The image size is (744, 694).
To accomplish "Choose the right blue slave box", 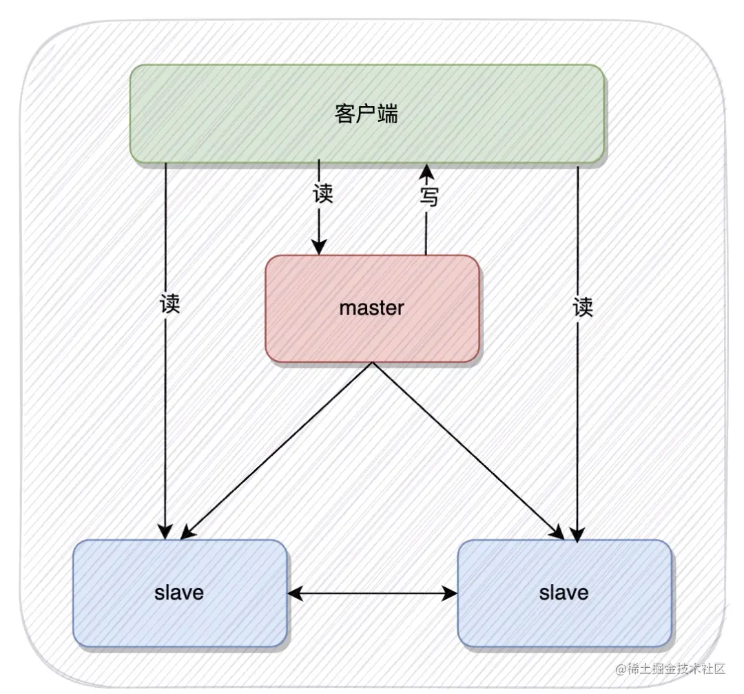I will (620, 620).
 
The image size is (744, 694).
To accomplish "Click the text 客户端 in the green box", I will (366, 114).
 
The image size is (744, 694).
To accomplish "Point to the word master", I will (371, 307).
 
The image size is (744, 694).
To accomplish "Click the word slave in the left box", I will (179, 592).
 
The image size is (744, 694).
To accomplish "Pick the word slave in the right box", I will (564, 592).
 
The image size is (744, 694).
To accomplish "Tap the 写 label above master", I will (428, 198).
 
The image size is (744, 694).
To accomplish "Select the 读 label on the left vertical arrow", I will (169, 304).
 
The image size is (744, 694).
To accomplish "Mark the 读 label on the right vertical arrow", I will (583, 306).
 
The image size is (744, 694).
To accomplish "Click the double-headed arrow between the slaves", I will (372, 592).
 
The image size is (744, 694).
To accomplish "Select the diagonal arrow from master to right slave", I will (468, 451).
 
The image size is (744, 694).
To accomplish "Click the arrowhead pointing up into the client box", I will (426, 169).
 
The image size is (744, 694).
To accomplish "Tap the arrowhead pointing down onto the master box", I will (318, 246).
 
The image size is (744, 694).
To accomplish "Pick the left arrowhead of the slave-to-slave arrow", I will (293, 592).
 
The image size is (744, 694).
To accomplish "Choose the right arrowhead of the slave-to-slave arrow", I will (451, 592).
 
